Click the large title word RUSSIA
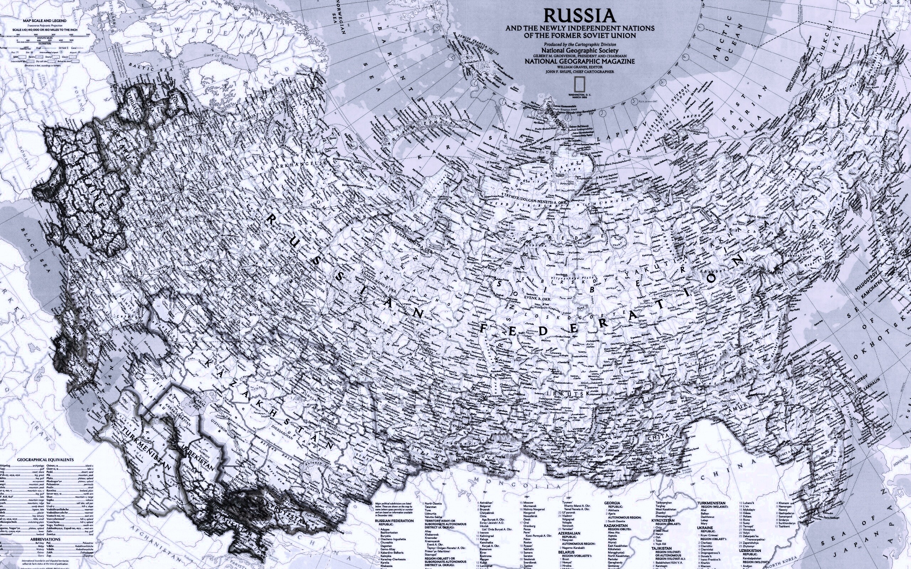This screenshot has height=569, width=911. pos(579,16)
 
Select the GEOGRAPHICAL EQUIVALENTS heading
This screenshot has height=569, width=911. pos(46,460)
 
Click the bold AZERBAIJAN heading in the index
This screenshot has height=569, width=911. pos(569,533)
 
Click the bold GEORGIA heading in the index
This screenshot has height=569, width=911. pos(612,503)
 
